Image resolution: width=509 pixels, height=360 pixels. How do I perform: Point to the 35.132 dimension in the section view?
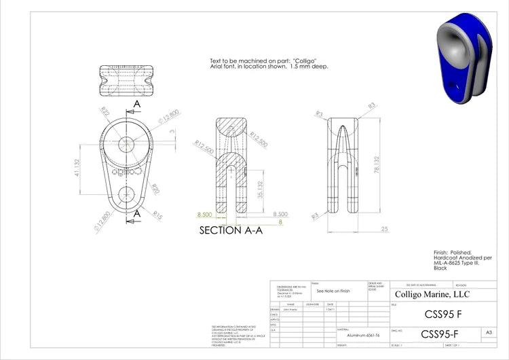coord(259,190)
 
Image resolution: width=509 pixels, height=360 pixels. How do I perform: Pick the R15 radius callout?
coord(157,215)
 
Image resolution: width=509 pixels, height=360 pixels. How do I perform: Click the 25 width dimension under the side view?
coord(385,229)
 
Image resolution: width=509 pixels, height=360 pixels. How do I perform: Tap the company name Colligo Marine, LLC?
coord(432,294)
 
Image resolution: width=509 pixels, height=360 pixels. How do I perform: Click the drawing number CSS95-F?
coord(439,334)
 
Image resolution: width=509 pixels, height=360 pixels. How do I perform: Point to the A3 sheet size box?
coord(489,333)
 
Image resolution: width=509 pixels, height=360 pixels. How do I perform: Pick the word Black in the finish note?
coord(440,268)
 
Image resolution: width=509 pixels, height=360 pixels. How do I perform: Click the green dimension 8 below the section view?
coord(280,221)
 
